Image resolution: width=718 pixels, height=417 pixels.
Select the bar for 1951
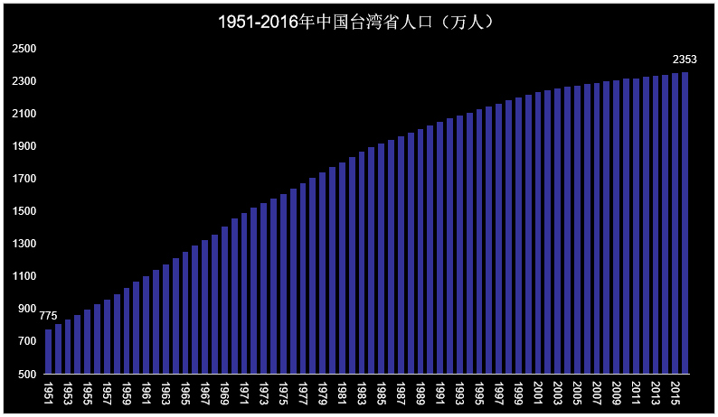click(48, 351)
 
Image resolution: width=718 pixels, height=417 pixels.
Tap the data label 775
click(48, 316)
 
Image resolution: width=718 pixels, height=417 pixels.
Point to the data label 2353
click(685, 60)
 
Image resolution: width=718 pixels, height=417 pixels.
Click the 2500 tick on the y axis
click(24, 49)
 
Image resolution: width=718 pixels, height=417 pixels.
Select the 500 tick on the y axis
click(27, 374)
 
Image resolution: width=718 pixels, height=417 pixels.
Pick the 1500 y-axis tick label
click(24, 211)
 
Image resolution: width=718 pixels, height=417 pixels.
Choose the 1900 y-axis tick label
click(24, 146)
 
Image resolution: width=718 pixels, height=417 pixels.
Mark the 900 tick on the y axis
click(27, 309)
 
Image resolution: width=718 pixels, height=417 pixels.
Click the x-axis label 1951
click(48, 392)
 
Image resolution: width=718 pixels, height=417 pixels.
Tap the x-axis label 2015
click(675, 392)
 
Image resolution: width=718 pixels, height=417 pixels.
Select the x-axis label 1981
click(342, 392)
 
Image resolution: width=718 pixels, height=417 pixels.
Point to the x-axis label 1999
click(518, 392)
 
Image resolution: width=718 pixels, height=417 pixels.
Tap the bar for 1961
click(146, 325)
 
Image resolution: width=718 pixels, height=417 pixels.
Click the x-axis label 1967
click(205, 392)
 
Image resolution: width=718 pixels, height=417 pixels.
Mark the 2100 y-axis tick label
click(24, 114)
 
